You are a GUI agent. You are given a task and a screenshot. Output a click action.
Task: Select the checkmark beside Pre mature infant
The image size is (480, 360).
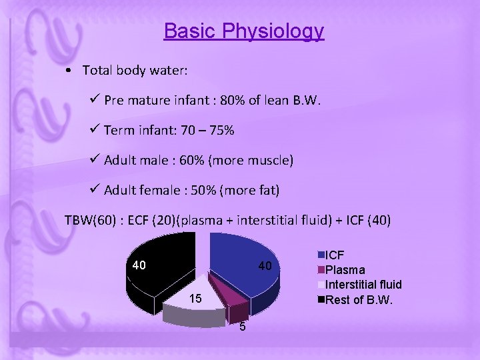click(x=95, y=100)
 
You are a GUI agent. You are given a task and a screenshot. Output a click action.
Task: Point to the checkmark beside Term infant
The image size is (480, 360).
click(x=95, y=130)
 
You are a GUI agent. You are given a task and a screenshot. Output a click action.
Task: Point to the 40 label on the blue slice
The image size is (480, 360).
click(x=265, y=266)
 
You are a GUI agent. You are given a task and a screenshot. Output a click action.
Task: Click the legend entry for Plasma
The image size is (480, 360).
click(x=345, y=270)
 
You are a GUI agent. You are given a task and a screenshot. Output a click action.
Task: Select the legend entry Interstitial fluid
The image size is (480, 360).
click(x=363, y=285)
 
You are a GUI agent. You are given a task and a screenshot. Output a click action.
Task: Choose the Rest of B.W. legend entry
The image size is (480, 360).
click(x=359, y=299)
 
